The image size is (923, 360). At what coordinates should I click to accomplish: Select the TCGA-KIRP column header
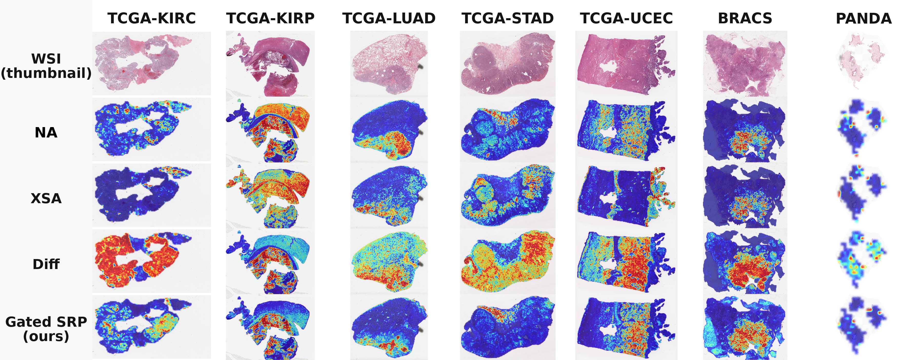coord(270,18)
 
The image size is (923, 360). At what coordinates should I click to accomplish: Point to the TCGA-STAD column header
coord(508,18)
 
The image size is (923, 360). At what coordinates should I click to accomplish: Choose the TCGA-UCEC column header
coord(626,18)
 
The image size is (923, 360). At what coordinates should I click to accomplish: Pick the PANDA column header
coord(864,18)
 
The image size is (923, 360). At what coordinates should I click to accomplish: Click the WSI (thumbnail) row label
coord(46,66)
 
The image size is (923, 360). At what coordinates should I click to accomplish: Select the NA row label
coord(46,132)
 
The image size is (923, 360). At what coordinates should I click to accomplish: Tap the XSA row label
coord(46,198)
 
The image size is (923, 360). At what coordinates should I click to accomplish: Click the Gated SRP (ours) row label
coord(46,329)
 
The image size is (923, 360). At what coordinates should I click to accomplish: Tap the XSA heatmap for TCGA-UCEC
coord(626,196)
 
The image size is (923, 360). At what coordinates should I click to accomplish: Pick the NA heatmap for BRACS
coord(745,130)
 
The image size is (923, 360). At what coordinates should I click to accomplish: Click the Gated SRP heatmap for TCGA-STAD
coord(508,327)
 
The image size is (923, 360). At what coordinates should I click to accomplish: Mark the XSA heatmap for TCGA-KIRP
coord(270,196)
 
